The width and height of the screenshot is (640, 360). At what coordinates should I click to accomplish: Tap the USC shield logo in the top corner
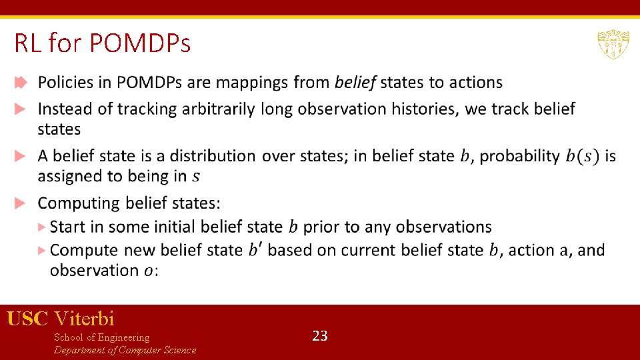point(613,45)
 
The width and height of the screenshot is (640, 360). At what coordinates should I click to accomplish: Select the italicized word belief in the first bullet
point(355,83)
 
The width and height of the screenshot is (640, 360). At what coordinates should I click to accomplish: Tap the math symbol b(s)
point(582,156)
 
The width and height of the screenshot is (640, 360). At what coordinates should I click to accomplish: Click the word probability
point(519,156)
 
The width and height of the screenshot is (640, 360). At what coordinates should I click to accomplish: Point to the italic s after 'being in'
point(195,177)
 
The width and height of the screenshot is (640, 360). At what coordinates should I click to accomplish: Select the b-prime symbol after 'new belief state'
point(255,250)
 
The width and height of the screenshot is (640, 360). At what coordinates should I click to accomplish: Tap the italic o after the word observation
point(148,271)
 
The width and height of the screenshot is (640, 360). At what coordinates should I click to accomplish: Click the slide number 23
point(320,336)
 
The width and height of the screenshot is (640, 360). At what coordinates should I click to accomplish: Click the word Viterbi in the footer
point(85,319)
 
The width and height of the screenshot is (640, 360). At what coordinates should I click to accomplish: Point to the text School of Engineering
point(101,337)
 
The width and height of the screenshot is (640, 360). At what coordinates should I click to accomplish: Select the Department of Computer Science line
point(125,350)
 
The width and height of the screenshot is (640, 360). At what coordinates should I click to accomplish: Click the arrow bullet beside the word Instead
point(21,109)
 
